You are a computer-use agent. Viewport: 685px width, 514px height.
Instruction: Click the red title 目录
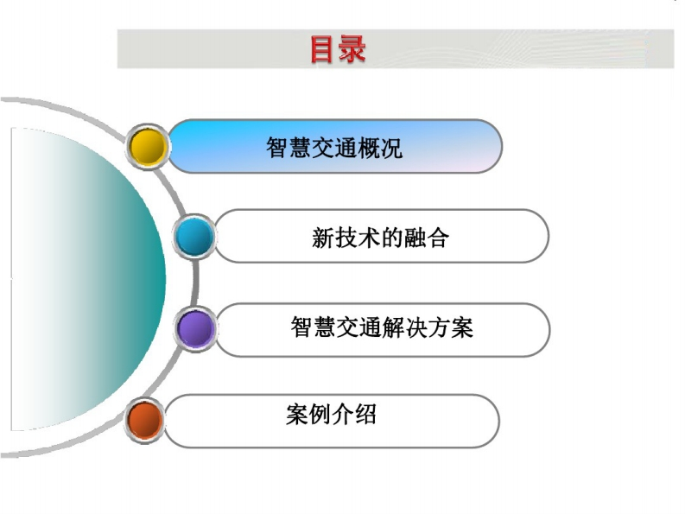click(x=338, y=49)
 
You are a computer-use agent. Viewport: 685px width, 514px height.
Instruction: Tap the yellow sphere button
click(x=148, y=146)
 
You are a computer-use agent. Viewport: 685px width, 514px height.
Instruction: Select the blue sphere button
click(x=194, y=236)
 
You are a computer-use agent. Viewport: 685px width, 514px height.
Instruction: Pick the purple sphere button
click(x=196, y=328)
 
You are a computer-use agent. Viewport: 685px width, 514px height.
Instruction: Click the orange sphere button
click(x=144, y=420)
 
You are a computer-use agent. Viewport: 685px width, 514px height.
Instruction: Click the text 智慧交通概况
click(x=334, y=148)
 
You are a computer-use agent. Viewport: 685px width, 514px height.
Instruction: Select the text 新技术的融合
click(x=380, y=238)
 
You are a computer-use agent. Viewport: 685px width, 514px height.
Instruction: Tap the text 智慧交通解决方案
click(x=382, y=327)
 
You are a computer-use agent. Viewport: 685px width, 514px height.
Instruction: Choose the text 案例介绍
click(x=331, y=414)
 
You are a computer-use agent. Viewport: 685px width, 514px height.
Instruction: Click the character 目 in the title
click(x=323, y=49)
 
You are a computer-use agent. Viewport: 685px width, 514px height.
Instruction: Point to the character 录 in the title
click(x=352, y=49)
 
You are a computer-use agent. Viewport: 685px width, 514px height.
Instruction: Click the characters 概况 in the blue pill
click(x=380, y=148)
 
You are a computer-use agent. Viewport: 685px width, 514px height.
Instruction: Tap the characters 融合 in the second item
click(x=427, y=238)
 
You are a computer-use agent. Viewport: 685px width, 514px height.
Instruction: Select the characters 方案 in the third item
click(x=451, y=327)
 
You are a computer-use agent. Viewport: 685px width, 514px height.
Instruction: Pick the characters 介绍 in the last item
click(x=354, y=414)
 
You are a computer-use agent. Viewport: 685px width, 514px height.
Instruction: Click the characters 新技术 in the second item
click(x=346, y=238)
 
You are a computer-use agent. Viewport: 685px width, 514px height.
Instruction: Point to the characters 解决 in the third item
click(x=405, y=327)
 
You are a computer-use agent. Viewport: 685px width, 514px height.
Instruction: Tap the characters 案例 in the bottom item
click(x=308, y=414)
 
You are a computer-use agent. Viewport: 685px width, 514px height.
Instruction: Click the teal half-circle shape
click(x=87, y=280)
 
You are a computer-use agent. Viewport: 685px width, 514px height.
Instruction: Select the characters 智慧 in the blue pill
click(x=289, y=148)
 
